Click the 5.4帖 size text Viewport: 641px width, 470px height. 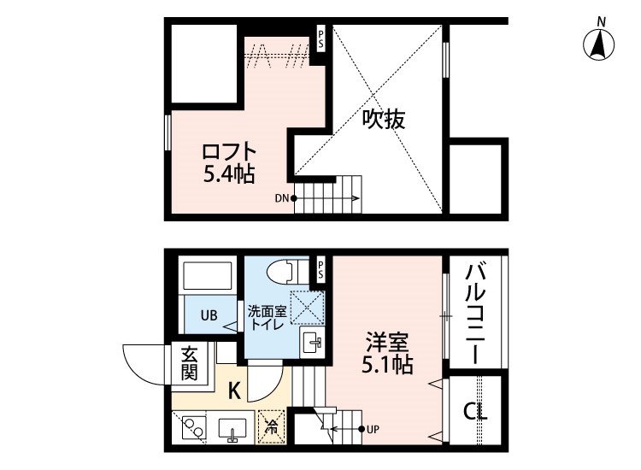click(x=228, y=176)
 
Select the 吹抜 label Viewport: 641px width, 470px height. click(x=381, y=120)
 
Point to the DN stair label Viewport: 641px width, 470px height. click(x=281, y=199)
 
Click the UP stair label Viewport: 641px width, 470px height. click(x=373, y=429)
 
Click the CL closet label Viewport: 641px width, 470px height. click(x=475, y=412)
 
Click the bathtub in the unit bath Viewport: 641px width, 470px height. click(x=209, y=276)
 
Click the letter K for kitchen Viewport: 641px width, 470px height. click(x=233, y=391)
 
